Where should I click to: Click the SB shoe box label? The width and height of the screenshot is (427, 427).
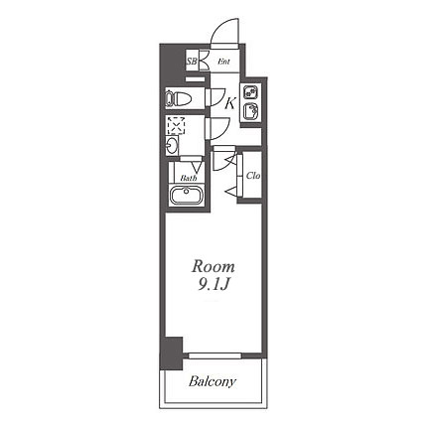tap(192, 62)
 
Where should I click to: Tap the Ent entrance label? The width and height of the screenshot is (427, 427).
tap(223, 62)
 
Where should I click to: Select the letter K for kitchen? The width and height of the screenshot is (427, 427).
tap(230, 103)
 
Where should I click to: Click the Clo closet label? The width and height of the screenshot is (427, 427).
tap(253, 176)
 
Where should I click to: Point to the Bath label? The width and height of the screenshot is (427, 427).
tap(189, 178)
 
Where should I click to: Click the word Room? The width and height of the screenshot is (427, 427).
tap(213, 266)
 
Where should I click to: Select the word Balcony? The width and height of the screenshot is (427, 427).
tap(213, 381)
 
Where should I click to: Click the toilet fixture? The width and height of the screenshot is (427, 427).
tap(178, 98)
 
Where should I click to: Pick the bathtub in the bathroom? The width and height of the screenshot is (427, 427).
tap(187, 196)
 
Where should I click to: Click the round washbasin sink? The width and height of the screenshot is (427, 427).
tap(172, 146)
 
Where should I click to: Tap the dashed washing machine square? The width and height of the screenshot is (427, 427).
tap(176, 125)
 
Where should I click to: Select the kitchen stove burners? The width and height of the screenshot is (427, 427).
tap(250, 91)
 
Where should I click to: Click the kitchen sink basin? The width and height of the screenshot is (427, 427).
tap(250, 111)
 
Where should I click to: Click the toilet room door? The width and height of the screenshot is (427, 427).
tap(215, 97)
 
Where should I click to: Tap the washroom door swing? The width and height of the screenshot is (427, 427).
tap(217, 128)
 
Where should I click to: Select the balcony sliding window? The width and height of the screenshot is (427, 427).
tap(214, 356)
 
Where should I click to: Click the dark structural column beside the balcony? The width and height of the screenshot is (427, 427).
tap(171, 354)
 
